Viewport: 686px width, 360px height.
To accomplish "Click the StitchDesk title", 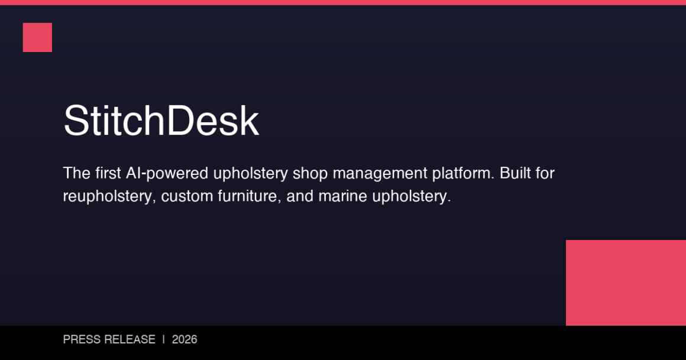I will pyautogui.click(x=161, y=121).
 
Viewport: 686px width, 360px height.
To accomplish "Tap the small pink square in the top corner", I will pyautogui.click(x=37, y=37).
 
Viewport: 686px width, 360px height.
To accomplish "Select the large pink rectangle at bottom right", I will pyautogui.click(x=626, y=283).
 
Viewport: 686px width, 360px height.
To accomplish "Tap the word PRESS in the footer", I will pyautogui.click(x=81, y=340).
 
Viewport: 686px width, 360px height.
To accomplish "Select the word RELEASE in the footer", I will pyautogui.click(x=129, y=340).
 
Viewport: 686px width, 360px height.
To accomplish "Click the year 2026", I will pyautogui.click(x=185, y=340).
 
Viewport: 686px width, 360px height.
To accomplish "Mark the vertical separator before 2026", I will pyautogui.click(x=164, y=340).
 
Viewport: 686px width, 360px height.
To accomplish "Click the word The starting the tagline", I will pyautogui.click(x=76, y=173).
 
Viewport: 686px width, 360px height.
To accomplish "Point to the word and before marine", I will pyautogui.click(x=299, y=196).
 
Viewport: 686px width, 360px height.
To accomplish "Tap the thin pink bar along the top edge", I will pyautogui.click(x=343, y=2).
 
